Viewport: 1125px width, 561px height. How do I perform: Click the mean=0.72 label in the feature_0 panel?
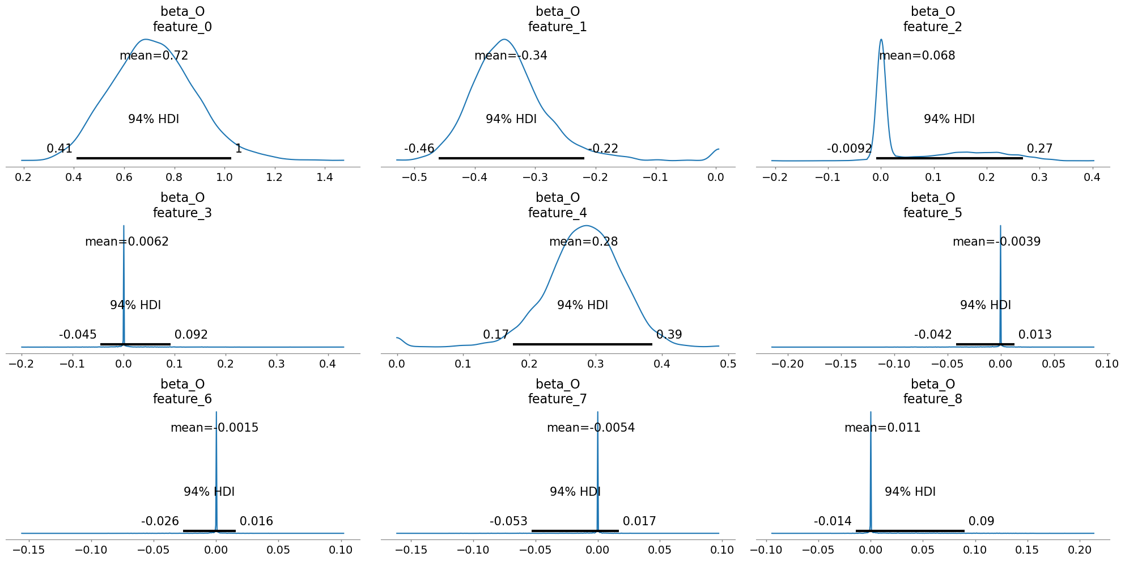pyautogui.click(x=154, y=56)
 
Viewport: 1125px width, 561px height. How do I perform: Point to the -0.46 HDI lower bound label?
pyautogui.click(x=419, y=149)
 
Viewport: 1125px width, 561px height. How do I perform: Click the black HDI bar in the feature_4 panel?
pyautogui.click(x=582, y=344)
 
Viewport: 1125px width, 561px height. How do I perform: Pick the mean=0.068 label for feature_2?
pyautogui.click(x=917, y=56)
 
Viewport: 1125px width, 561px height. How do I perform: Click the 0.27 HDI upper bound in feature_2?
pyautogui.click(x=1039, y=149)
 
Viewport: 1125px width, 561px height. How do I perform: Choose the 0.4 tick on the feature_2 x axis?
pyautogui.click(x=1092, y=177)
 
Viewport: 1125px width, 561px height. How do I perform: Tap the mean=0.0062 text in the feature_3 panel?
pyautogui.click(x=127, y=242)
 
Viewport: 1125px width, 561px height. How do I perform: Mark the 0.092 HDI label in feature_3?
pyautogui.click(x=191, y=335)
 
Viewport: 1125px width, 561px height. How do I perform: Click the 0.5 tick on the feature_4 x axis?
pyautogui.click(x=728, y=363)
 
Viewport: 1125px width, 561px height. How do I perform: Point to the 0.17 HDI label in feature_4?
pyautogui.click(x=495, y=335)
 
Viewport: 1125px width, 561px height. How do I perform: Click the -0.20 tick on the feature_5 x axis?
pyautogui.click(x=788, y=363)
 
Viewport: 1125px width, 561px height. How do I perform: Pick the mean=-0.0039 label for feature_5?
pyautogui.click(x=996, y=242)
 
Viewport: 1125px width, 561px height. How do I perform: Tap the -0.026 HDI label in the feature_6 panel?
pyautogui.click(x=160, y=521)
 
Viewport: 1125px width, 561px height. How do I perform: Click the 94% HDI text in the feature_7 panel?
pyautogui.click(x=575, y=492)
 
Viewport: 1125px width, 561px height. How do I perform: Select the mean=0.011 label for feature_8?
pyautogui.click(x=882, y=428)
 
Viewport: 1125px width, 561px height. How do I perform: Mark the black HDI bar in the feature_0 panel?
pyautogui.click(x=154, y=158)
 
